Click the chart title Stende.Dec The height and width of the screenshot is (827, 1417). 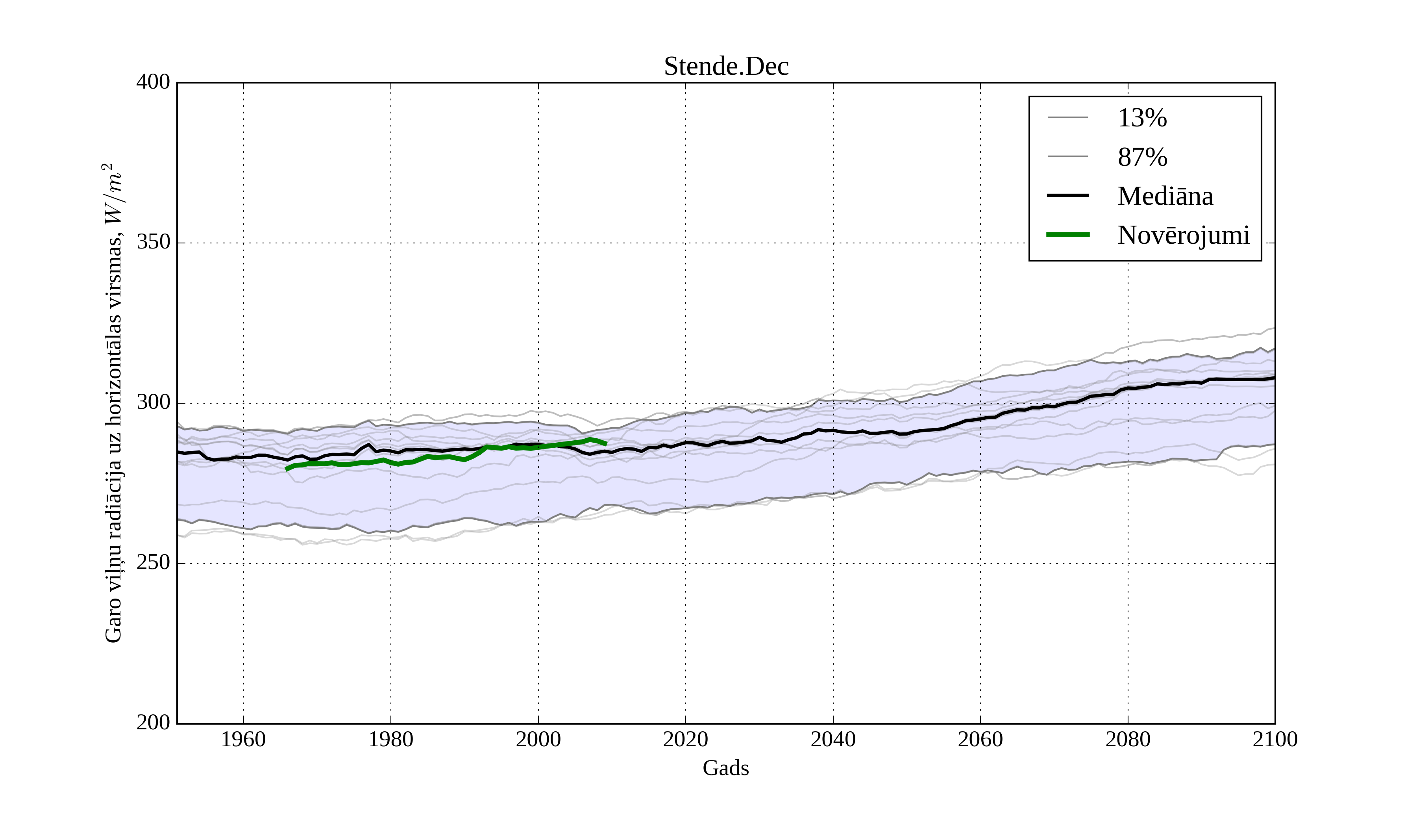coord(726,67)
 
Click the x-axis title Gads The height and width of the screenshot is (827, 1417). coord(725,768)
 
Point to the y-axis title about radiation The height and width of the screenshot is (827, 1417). coord(114,403)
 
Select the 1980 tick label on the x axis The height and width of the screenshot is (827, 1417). coord(391,739)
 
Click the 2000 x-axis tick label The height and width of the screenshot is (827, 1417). coord(538,739)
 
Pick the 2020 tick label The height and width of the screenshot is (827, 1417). coord(685,739)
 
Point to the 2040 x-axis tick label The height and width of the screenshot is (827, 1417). coord(833,739)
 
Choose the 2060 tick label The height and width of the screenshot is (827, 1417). coord(980,739)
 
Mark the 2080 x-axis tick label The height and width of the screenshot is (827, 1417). coord(1127,739)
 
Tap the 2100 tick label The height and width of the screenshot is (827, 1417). coord(1275,739)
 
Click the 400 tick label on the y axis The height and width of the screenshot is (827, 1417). coord(153,82)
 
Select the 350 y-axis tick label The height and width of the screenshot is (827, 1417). coord(153,243)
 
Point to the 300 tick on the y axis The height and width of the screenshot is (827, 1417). coord(153,403)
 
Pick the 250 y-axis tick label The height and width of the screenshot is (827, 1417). coord(153,563)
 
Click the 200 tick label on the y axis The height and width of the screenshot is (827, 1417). coord(153,723)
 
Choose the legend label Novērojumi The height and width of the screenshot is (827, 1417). coord(1183,235)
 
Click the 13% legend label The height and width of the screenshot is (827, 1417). coord(1142,118)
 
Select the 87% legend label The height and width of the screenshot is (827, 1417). coord(1142,158)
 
